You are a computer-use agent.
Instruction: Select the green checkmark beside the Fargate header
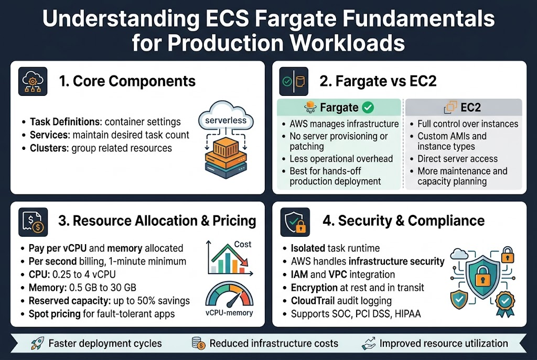pos(368,108)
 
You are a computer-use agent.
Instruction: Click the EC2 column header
pos(464,108)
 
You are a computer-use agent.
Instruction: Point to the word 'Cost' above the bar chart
pos(242,244)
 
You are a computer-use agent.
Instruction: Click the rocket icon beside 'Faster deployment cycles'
pos(35,344)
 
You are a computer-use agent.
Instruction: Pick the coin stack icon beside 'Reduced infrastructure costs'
pos(199,344)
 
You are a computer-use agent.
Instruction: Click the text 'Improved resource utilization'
pos(444,344)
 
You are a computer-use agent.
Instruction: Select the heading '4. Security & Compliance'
pos(403,221)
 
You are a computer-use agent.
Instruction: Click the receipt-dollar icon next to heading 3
pos(33,221)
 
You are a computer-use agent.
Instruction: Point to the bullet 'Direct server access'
pos(457,159)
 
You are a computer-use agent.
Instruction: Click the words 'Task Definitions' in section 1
pos(65,122)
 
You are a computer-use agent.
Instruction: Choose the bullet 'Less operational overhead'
pos(341,159)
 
